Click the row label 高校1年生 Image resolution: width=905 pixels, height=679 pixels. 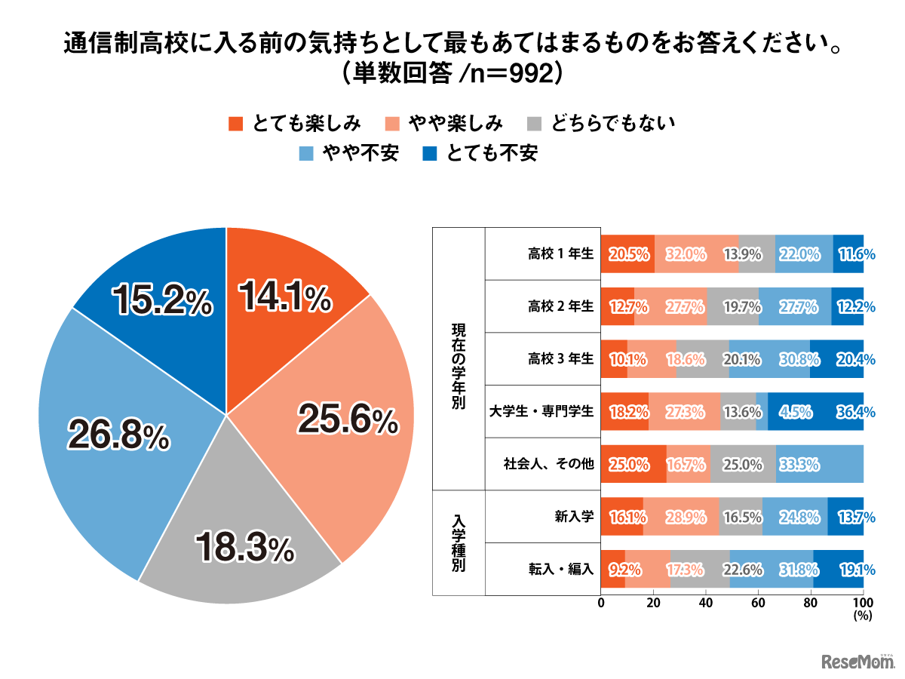pyautogui.click(x=561, y=254)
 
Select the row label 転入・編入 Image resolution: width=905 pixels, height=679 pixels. pyautogui.click(x=561, y=570)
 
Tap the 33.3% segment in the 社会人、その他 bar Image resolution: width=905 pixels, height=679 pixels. pyautogui.click(x=819, y=464)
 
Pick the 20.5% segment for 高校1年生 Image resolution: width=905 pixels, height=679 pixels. pyautogui.click(x=627, y=254)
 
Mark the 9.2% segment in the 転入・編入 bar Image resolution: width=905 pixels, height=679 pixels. pyautogui.click(x=613, y=570)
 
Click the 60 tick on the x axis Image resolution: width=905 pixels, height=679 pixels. pyautogui.click(x=759, y=604)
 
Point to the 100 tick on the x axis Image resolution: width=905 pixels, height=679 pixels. pyautogui.click(x=863, y=604)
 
